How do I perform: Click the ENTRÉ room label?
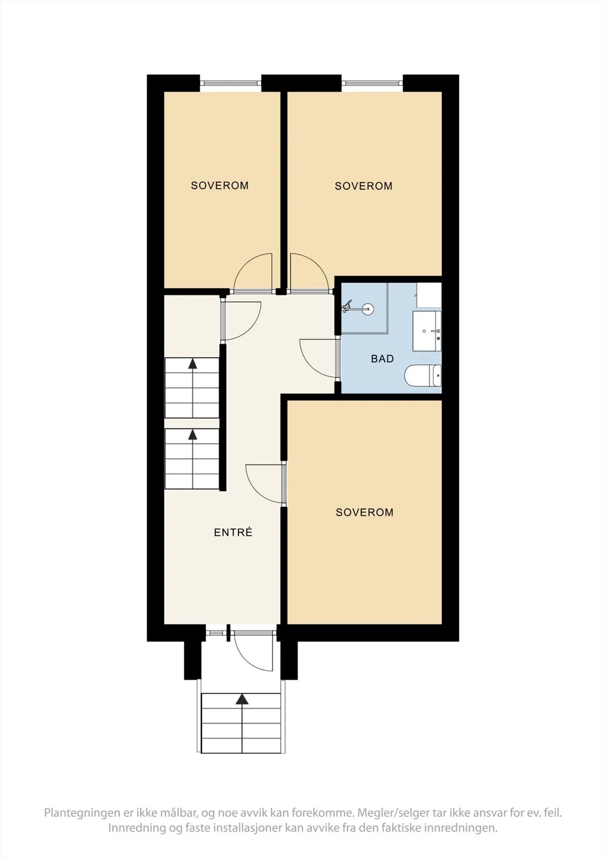click(233, 532)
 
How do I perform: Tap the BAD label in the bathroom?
click(382, 358)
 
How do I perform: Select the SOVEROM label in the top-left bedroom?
click(220, 185)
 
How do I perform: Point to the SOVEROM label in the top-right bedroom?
click(364, 186)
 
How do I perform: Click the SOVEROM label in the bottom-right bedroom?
click(364, 512)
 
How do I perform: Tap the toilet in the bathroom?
click(423, 375)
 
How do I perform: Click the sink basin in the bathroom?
click(427, 331)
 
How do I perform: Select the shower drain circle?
click(368, 309)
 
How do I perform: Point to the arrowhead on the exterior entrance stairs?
click(242, 699)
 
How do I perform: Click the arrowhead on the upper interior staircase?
click(192, 364)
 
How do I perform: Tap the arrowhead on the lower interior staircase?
click(192, 434)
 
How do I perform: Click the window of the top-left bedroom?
click(230, 83)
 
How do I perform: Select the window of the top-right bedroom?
click(372, 83)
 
